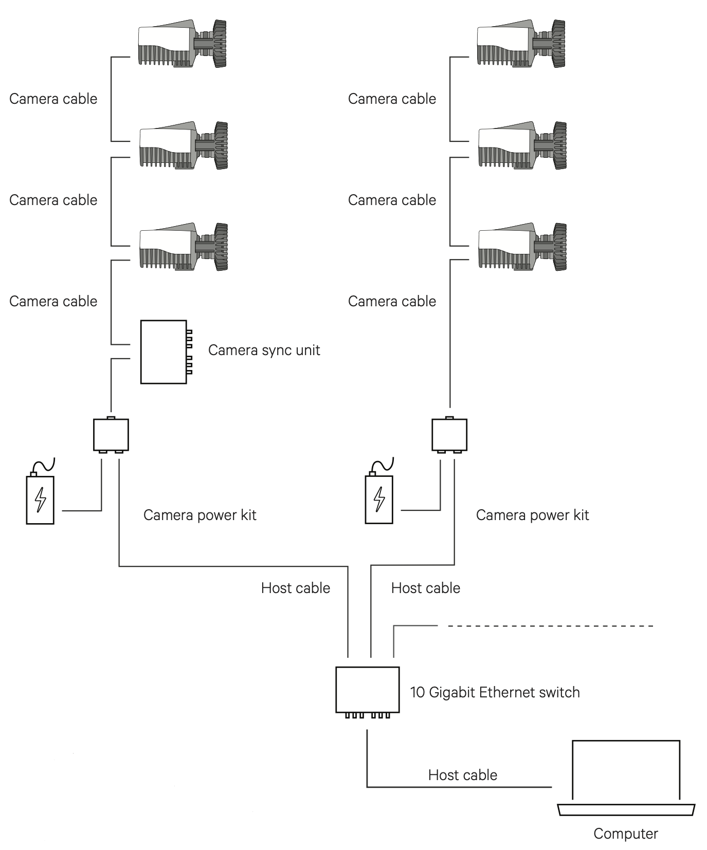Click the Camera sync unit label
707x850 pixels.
click(x=264, y=350)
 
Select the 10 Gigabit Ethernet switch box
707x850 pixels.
click(x=367, y=690)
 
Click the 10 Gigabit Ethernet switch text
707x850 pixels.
click(x=495, y=693)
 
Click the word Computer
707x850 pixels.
click(x=625, y=834)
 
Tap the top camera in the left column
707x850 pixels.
click(x=182, y=44)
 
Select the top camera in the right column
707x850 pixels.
click(x=521, y=44)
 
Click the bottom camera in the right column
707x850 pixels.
click(x=522, y=247)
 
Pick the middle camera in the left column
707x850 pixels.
click(x=183, y=146)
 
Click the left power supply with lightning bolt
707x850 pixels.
click(x=40, y=498)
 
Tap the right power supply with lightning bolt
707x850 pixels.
click(x=379, y=498)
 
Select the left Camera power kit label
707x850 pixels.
click(x=200, y=515)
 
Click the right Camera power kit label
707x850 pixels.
click(x=532, y=515)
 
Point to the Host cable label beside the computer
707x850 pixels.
click(x=462, y=775)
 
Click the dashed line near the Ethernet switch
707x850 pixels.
click(x=550, y=626)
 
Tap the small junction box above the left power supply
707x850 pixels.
click(x=111, y=435)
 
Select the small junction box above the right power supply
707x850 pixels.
click(x=449, y=435)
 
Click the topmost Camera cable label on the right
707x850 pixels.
click(x=392, y=99)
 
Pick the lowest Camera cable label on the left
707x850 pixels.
click(x=53, y=301)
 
